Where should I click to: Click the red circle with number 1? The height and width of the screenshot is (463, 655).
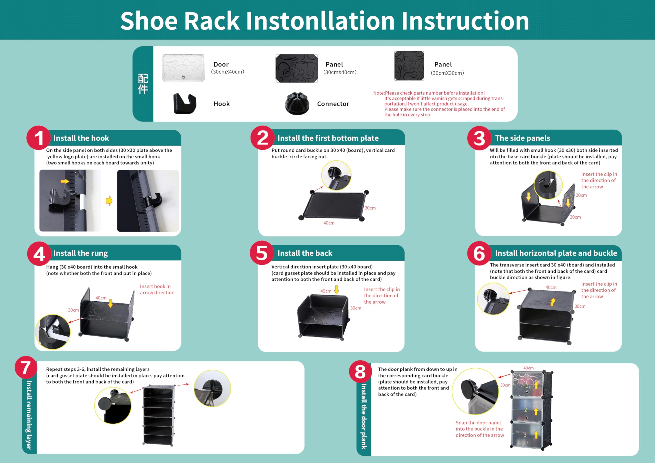point(39,138)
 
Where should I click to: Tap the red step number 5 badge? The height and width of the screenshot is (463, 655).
point(262,253)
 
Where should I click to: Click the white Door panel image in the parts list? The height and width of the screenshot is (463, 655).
point(183,68)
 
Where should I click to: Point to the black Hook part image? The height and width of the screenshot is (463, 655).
point(184,103)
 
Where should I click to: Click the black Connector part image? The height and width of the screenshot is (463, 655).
point(297,103)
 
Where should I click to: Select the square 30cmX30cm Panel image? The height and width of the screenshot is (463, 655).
point(409,66)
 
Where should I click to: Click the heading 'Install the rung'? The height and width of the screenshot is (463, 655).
point(80,253)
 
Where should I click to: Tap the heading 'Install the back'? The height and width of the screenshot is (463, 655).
point(305,253)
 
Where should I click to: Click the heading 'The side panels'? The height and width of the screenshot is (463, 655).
point(522,138)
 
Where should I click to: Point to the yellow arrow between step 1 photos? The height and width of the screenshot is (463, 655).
point(109,201)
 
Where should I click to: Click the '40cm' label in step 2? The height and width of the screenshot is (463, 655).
point(329,223)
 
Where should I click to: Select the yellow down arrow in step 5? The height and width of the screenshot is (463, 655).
point(337,290)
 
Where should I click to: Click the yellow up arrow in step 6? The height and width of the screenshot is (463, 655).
point(553,302)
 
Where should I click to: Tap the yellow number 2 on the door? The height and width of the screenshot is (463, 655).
point(526,410)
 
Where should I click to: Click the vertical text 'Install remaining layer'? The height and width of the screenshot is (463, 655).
point(29,415)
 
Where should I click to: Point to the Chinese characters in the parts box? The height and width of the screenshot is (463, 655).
point(143,84)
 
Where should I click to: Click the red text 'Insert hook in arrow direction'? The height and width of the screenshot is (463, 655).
point(157,289)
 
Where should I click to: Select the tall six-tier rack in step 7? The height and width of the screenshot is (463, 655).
point(158,415)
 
